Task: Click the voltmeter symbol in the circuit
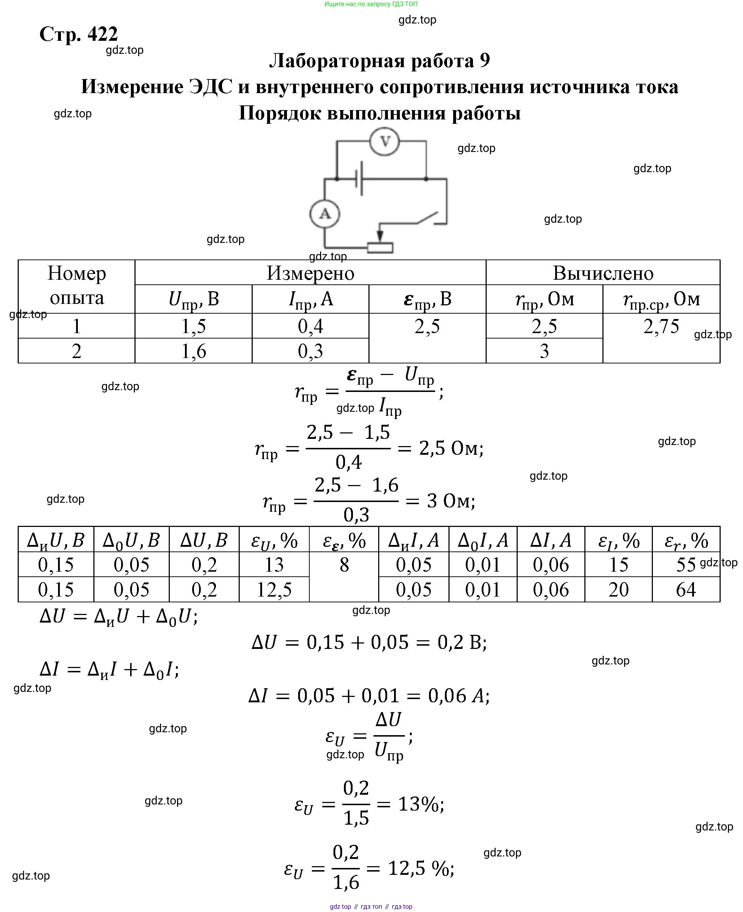(x=385, y=141)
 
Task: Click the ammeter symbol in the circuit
(x=325, y=214)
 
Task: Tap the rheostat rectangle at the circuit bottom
(x=380, y=248)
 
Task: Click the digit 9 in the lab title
(x=485, y=60)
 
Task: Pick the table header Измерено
(x=310, y=273)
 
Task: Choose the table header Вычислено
(x=603, y=273)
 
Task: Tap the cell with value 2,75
(x=661, y=326)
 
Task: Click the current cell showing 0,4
(x=310, y=326)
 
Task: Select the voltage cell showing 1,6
(x=194, y=351)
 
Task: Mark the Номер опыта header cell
(x=77, y=285)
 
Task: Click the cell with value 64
(x=686, y=589)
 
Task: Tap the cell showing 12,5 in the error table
(x=274, y=589)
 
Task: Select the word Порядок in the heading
(x=279, y=113)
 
